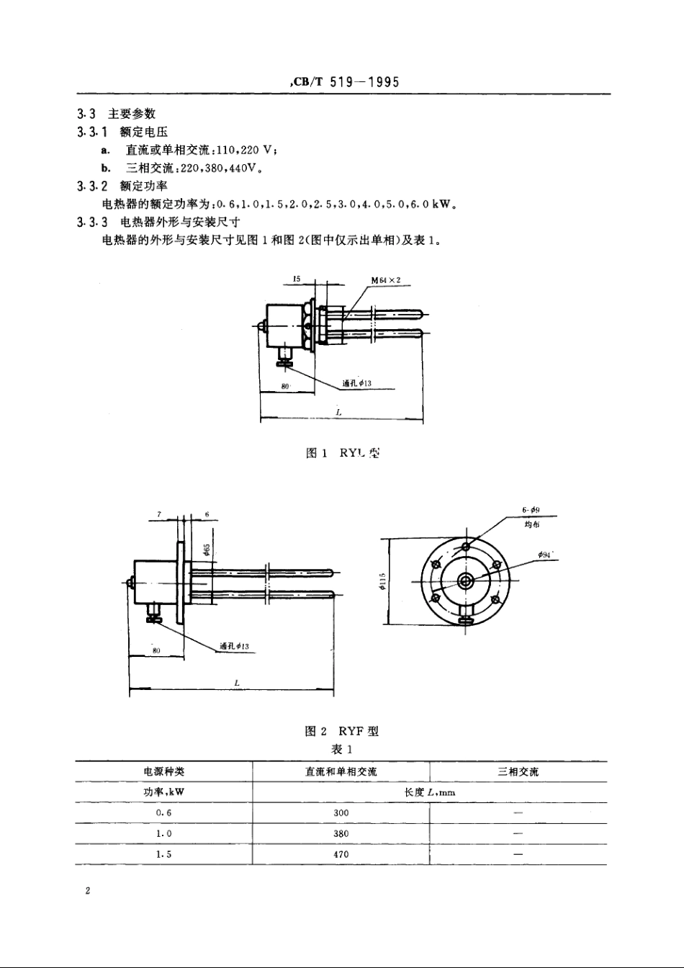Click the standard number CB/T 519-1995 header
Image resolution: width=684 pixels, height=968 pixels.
click(x=344, y=83)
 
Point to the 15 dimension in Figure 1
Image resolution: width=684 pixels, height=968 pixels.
click(x=297, y=277)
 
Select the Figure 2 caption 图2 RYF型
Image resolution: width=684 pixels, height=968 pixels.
click(x=342, y=731)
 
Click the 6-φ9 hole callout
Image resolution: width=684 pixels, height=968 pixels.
click(x=531, y=510)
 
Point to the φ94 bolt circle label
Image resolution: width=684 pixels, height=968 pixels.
click(x=546, y=555)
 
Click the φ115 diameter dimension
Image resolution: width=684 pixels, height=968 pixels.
click(x=382, y=582)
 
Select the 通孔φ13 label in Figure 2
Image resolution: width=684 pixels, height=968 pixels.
click(x=234, y=646)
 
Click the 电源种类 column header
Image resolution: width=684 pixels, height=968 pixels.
click(x=164, y=771)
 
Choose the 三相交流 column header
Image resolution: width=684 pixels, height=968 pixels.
click(x=518, y=771)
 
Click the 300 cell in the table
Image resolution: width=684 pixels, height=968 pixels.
click(x=341, y=812)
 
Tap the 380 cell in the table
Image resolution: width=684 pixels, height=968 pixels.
click(x=341, y=833)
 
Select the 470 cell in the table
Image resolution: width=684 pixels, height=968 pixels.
click(x=341, y=854)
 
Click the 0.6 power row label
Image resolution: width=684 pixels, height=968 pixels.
click(x=164, y=812)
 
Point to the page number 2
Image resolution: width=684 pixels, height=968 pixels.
click(x=87, y=892)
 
